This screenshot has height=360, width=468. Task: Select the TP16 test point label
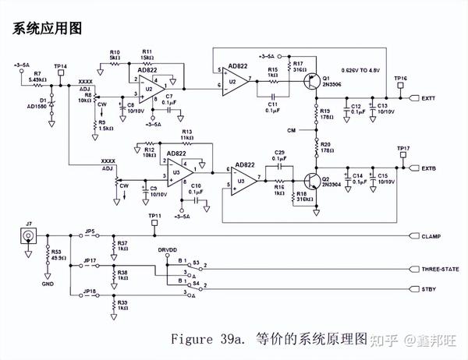tap(400, 79)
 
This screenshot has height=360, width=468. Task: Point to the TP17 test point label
tap(403, 148)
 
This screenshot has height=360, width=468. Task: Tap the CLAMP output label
tap(431, 235)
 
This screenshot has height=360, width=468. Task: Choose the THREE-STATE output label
tap(439, 269)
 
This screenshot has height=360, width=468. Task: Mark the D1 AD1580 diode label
tap(36, 103)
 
